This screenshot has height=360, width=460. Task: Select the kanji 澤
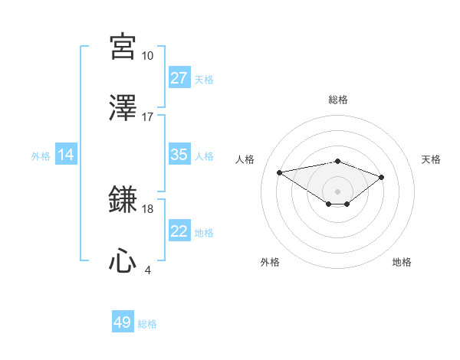(123, 108)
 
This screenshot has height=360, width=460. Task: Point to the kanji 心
(123, 261)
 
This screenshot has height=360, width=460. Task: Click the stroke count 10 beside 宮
(147, 55)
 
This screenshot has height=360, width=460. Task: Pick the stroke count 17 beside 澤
(147, 116)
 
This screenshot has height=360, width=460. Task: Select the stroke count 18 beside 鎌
(147, 208)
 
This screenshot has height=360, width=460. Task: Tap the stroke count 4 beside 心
(147, 270)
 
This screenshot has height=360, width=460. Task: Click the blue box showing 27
(179, 78)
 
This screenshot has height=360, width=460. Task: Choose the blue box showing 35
(179, 155)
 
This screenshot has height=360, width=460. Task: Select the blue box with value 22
(179, 231)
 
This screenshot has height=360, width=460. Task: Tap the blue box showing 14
(66, 155)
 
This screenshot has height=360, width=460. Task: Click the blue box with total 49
(123, 322)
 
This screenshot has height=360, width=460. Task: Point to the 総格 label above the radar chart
(338, 100)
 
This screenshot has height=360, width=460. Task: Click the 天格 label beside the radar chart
(432, 159)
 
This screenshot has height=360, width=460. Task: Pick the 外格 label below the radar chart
(270, 262)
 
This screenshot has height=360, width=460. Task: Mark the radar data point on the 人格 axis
(279, 172)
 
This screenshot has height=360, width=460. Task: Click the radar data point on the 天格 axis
(381, 177)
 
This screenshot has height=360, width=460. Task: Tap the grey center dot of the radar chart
(337, 191)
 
